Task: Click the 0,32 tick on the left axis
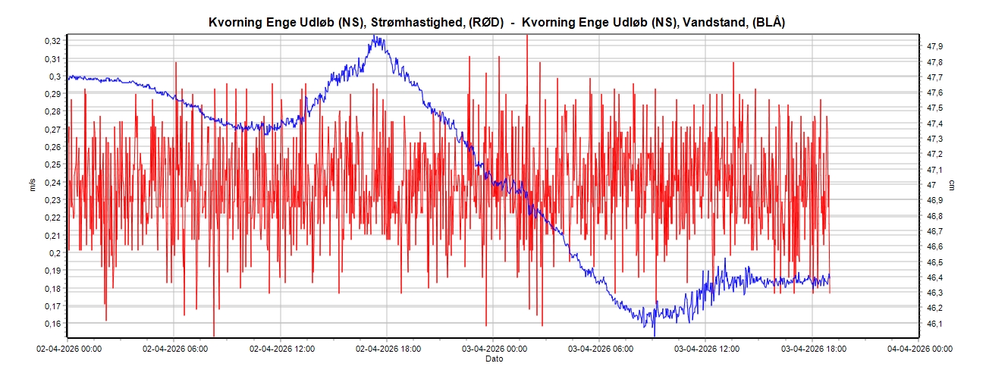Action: (52, 41)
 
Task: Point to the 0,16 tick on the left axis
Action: (52, 324)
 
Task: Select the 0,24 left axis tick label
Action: (52, 183)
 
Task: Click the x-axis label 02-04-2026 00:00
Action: (69, 349)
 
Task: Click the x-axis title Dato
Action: (494, 359)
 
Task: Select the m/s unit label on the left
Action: (33, 186)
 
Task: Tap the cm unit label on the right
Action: (953, 186)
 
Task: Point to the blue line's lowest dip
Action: (655, 334)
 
